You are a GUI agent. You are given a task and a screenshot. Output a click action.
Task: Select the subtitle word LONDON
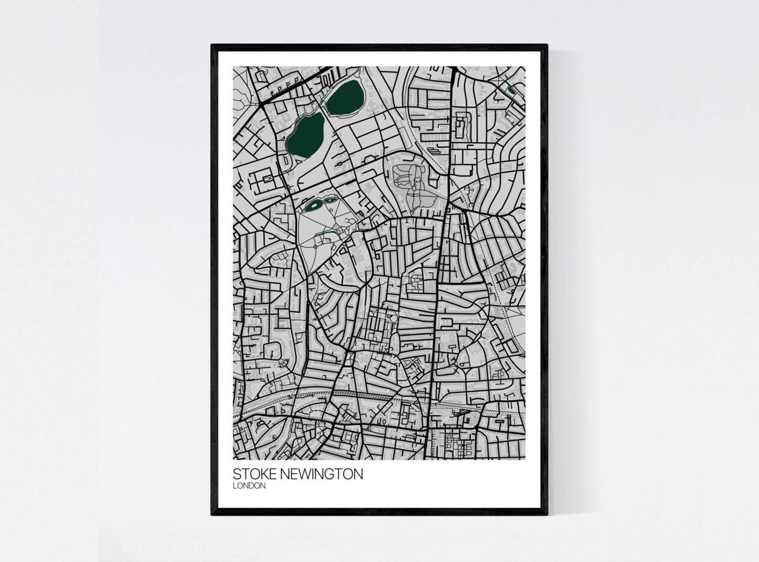coord(249,486)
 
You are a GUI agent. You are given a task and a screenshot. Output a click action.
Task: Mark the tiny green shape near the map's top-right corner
coord(511,90)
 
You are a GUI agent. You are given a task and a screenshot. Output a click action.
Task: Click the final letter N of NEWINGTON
coord(358,474)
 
